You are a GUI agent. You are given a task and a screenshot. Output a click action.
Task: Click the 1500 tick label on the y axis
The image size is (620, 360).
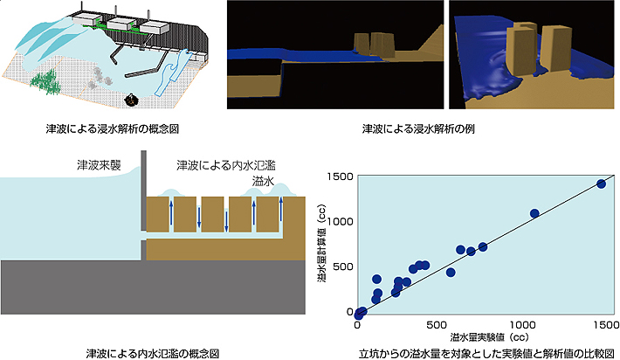coord(338,177)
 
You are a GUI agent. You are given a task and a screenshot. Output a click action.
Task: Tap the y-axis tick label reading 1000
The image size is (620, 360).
coord(338,222)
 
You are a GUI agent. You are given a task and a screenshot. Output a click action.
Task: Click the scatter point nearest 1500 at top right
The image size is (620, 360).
coord(601,183)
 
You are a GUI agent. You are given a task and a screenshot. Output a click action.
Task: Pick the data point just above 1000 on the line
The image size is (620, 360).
coord(534,213)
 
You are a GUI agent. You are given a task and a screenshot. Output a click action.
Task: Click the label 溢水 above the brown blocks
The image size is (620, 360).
coord(264,180)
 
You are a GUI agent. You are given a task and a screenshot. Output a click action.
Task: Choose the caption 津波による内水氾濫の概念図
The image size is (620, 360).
coord(152,351)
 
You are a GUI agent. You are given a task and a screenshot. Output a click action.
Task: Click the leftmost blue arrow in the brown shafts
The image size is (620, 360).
coord(171,214)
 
